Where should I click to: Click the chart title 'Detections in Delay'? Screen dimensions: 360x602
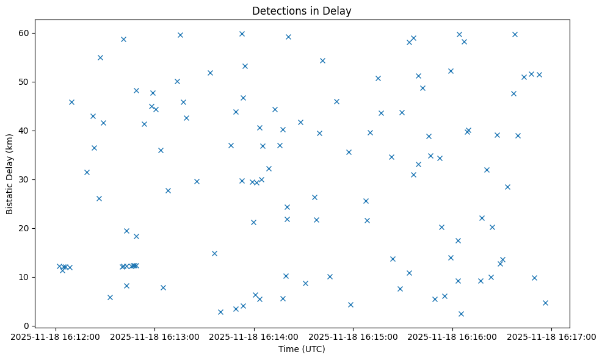(x=302, y=11)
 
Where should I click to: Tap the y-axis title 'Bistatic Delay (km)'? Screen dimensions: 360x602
(x=10, y=174)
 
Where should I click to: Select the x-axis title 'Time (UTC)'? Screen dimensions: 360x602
(x=302, y=349)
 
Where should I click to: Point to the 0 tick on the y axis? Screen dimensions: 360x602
(x=28, y=326)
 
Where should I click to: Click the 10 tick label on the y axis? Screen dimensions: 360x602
(x=26, y=277)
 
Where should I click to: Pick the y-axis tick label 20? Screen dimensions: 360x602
(x=26, y=228)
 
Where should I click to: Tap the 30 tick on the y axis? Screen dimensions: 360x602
(x=26, y=179)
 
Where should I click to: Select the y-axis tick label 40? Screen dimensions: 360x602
(x=26, y=131)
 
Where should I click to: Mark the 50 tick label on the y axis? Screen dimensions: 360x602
(x=26, y=82)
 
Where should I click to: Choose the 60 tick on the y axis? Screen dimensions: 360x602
(x=26, y=33)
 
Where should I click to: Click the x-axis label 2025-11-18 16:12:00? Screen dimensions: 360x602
(x=56, y=336)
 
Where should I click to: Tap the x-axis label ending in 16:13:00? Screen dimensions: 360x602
(x=154, y=336)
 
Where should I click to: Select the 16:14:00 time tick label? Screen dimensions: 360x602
(x=254, y=336)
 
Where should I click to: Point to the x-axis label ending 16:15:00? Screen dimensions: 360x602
(x=353, y=336)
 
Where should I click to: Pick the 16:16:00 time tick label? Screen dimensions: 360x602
(x=452, y=336)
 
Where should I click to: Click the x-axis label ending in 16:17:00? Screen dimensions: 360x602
(x=551, y=336)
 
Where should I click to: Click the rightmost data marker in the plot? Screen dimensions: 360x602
(x=545, y=303)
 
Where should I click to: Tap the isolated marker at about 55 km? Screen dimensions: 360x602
(x=100, y=57)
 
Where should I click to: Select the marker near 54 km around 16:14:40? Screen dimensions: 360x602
(x=322, y=60)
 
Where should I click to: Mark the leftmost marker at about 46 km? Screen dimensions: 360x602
(x=71, y=102)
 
